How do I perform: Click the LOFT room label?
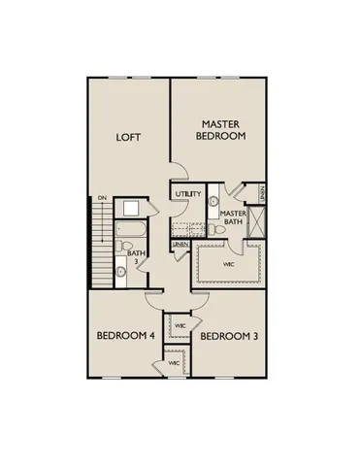[128, 137]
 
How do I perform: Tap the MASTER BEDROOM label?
[222, 130]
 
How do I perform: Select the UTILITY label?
[188, 194]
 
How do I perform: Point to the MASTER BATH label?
[233, 218]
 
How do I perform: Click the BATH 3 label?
[135, 257]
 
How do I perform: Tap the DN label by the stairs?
[102, 200]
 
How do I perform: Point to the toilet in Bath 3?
[120, 274]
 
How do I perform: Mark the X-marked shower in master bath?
[256, 221]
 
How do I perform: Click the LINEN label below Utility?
[180, 245]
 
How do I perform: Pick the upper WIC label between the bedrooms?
[180, 323]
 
